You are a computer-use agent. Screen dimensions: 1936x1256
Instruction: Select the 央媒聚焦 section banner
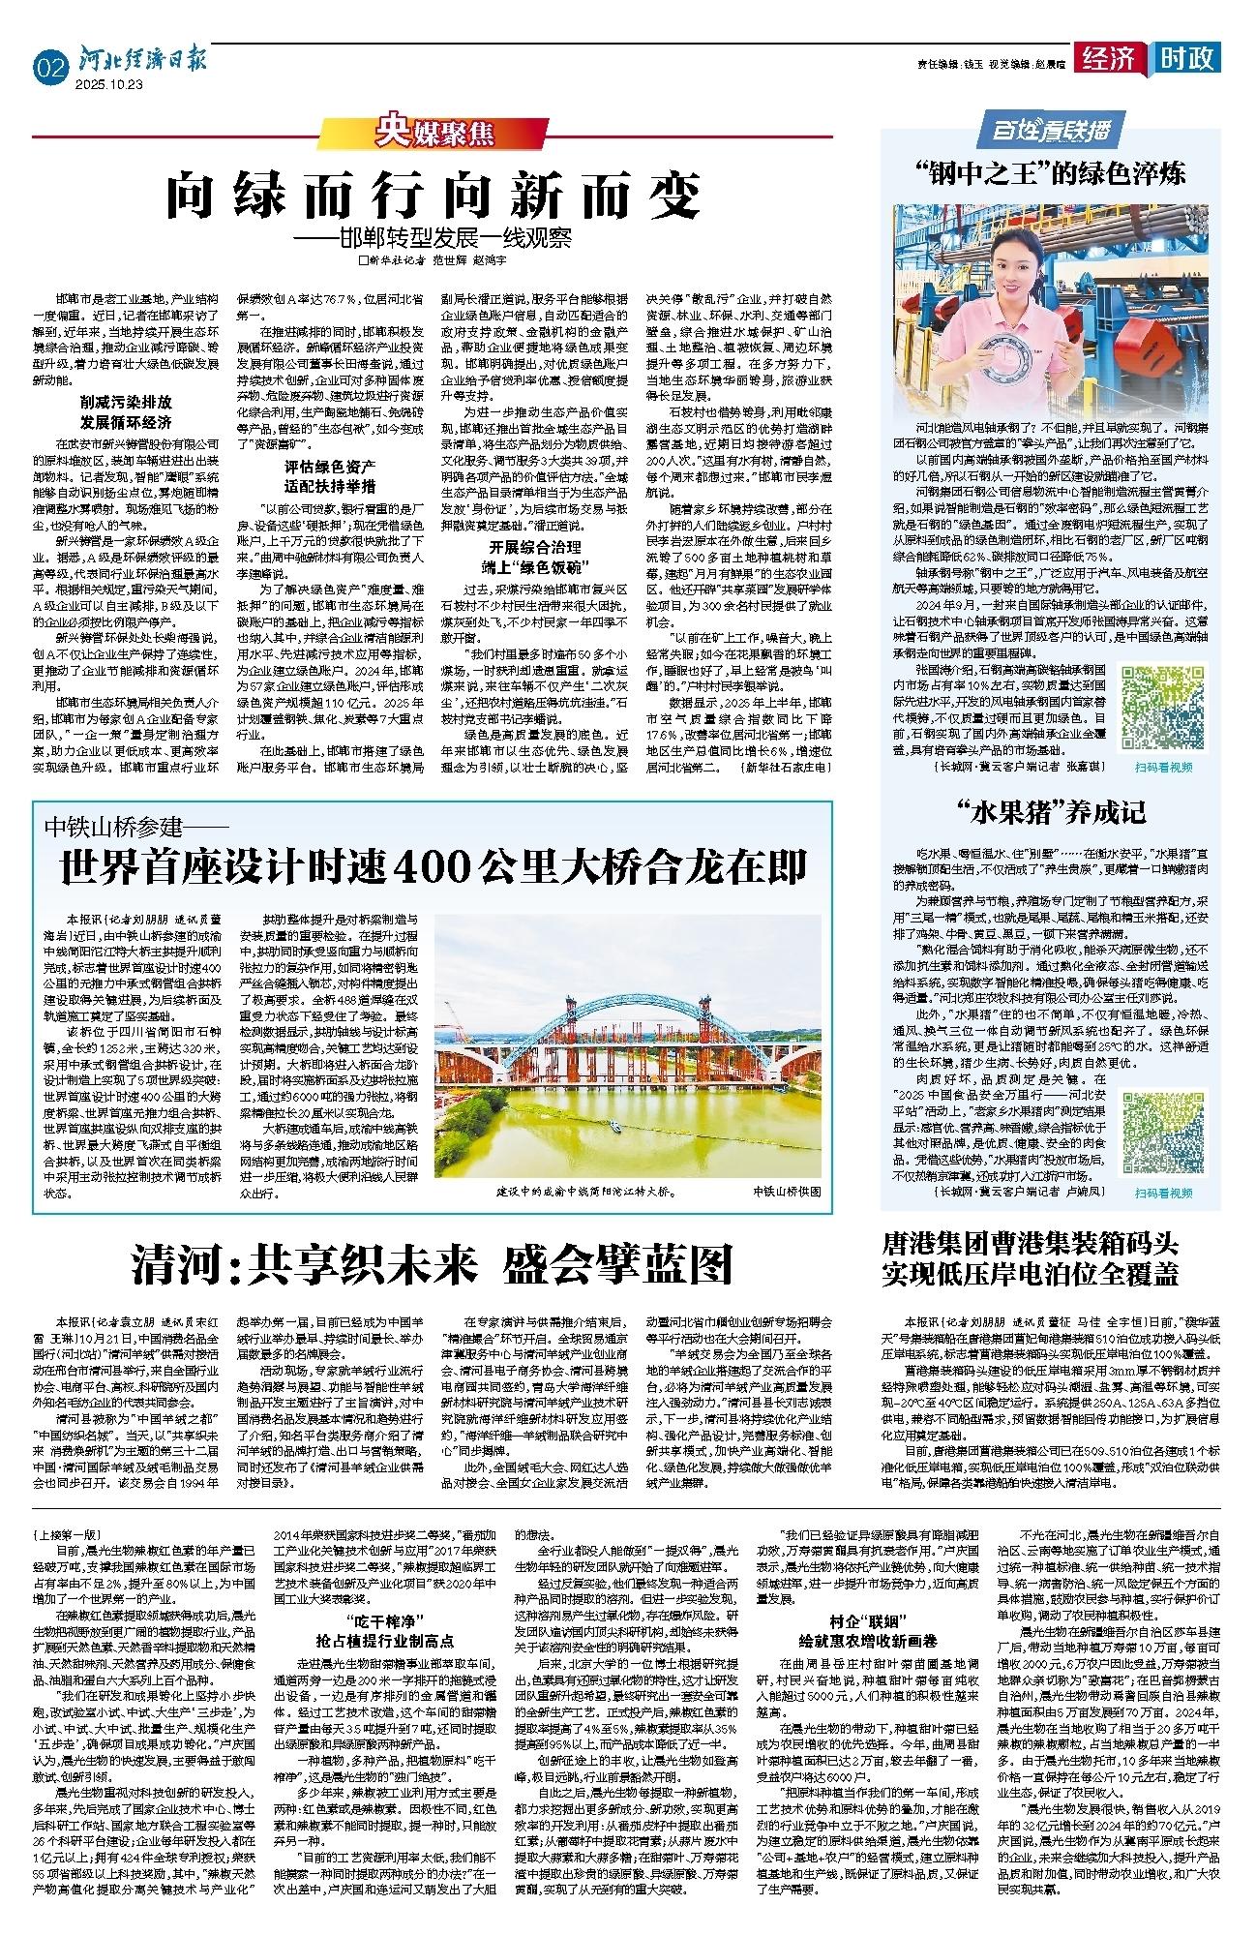click(434, 129)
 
